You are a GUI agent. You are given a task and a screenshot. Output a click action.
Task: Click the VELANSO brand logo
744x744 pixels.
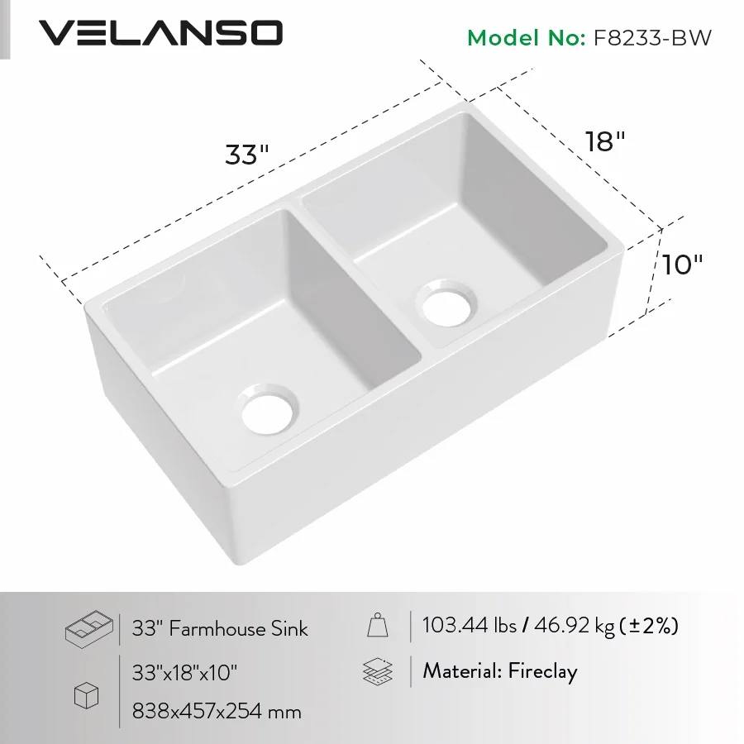161,33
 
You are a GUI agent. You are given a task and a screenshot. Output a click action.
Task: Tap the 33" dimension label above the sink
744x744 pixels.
247,155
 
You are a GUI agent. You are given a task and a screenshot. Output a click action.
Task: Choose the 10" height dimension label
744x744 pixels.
682,265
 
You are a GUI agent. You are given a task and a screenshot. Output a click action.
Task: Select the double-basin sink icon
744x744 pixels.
88,628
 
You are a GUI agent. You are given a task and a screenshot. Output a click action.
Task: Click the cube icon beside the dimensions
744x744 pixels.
86,697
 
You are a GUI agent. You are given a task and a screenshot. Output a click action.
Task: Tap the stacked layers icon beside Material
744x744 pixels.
378,671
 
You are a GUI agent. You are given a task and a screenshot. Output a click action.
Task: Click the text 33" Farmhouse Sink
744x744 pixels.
220,629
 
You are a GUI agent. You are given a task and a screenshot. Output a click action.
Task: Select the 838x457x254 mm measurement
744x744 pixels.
217,710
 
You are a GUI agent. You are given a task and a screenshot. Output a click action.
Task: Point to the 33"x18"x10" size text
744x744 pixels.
184,672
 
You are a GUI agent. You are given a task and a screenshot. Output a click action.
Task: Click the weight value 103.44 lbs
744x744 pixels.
468,626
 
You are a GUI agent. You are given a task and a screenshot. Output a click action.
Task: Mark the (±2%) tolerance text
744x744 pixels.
649,626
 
